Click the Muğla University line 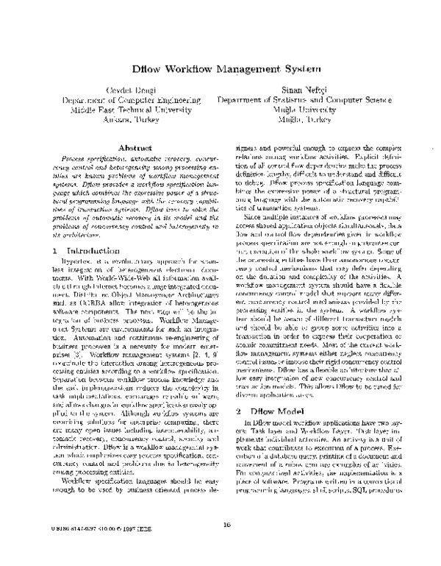309,108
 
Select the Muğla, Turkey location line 309,118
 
